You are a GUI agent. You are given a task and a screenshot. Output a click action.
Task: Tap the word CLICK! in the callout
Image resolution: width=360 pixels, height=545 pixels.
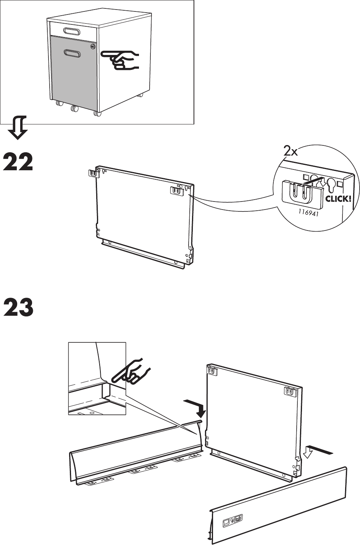coord(337,199)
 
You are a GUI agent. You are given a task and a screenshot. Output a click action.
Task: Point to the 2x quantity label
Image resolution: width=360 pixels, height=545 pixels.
coord(290,152)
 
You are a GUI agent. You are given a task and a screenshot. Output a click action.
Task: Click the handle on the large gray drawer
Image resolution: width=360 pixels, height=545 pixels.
coord(72,54)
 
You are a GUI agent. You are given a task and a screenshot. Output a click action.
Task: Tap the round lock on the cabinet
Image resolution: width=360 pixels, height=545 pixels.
coord(93,47)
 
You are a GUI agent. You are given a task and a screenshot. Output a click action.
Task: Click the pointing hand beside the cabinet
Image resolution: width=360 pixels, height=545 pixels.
coord(121,60)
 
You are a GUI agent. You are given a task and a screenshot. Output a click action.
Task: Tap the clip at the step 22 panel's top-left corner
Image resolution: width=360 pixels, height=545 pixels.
coord(92,173)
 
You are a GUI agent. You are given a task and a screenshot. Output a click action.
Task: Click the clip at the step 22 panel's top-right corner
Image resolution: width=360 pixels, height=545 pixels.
coord(176,190)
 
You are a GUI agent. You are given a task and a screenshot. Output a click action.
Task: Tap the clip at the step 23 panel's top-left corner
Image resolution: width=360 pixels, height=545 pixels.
coord(211,370)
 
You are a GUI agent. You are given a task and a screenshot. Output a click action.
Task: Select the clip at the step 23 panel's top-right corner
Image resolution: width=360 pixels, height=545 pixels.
coord(291,391)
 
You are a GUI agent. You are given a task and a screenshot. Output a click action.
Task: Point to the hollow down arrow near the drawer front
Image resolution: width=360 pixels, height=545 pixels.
coord(309,453)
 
